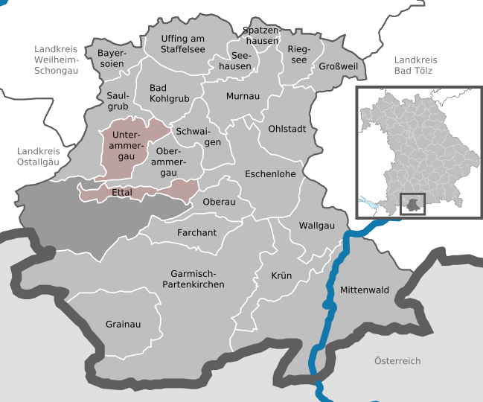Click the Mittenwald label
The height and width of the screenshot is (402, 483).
coord(365,289)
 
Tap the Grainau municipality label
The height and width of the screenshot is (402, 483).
coord(123,325)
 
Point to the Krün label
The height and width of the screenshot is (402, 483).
coord(281,275)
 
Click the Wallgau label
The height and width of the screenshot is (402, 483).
coord(317,225)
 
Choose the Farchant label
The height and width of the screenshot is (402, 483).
coord(196,233)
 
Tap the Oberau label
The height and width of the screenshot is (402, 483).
coord(219,202)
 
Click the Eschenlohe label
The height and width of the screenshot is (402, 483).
coord(271,174)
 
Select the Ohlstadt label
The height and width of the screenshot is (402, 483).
coord(287,129)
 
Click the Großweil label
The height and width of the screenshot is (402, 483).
coord(338,67)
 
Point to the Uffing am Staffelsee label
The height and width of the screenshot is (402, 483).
coord(183,43)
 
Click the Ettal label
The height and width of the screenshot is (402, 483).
coord(121,192)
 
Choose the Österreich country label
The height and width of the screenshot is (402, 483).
coord(397,361)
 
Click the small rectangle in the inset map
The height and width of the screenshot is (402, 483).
coord(412,203)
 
